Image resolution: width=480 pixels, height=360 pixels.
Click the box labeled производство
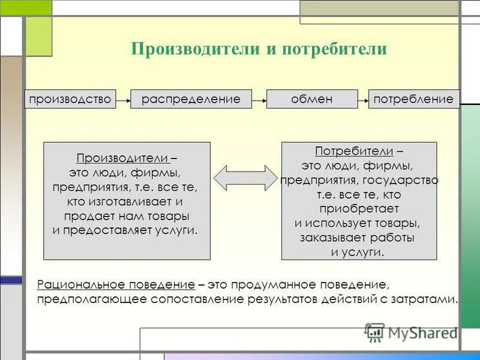(x=70, y=99)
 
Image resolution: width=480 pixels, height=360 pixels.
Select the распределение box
(x=191, y=99)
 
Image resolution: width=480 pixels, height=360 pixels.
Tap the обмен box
(x=311, y=99)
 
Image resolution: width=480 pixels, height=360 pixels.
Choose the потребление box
(x=413, y=99)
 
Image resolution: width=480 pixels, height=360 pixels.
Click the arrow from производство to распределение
(x=122, y=100)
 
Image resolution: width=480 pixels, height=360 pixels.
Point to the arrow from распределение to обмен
(x=259, y=100)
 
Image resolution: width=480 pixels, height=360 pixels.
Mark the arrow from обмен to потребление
(x=362, y=100)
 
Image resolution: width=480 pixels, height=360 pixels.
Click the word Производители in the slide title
(x=194, y=49)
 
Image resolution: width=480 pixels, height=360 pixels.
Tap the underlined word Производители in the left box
(x=123, y=158)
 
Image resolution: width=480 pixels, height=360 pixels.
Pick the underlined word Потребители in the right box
(x=354, y=151)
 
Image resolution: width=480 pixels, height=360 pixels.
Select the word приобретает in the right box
(x=359, y=209)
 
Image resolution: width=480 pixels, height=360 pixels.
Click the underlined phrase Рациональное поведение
(x=116, y=283)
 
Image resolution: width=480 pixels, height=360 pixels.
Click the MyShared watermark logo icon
(x=375, y=332)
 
